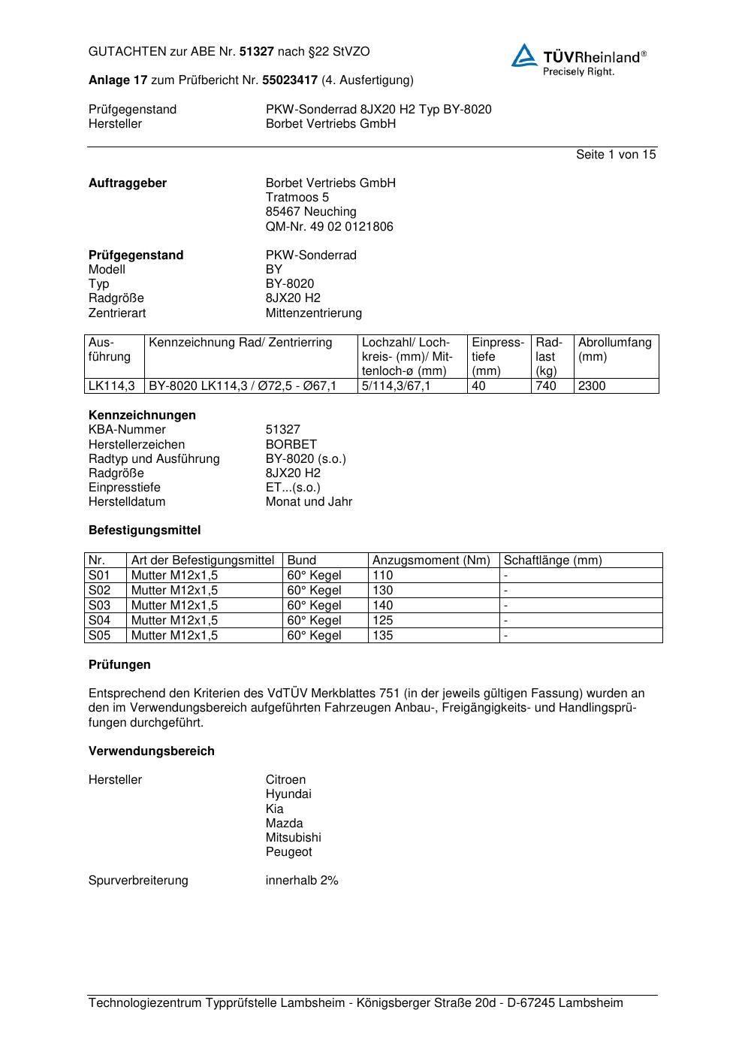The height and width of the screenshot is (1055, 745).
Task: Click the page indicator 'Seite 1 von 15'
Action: [615, 155]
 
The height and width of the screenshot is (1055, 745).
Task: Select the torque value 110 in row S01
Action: [382, 576]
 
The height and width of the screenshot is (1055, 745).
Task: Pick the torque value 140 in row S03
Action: [382, 606]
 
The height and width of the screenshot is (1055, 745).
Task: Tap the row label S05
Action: [99, 636]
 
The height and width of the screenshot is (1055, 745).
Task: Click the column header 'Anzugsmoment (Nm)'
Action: [431, 561]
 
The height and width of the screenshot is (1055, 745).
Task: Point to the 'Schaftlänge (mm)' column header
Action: [552, 561]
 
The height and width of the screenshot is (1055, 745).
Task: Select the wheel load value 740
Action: [546, 386]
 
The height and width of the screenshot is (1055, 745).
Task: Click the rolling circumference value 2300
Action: [592, 386]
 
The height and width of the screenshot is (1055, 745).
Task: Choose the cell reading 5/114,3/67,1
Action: [396, 386]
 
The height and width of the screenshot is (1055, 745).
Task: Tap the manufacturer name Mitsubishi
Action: [293, 838]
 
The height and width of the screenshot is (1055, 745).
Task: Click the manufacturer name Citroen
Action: [285, 780]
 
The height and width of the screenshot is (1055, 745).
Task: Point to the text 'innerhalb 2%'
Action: [302, 881]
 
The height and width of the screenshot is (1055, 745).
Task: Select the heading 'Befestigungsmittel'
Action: [144, 531]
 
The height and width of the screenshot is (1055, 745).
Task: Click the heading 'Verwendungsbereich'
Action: [151, 751]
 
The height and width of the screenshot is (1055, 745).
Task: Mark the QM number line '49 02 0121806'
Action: [329, 227]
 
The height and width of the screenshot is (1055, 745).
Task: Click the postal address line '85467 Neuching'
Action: [311, 212]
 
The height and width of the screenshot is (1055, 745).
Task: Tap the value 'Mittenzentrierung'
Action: [313, 313]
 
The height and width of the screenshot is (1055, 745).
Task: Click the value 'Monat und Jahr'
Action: [309, 502]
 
